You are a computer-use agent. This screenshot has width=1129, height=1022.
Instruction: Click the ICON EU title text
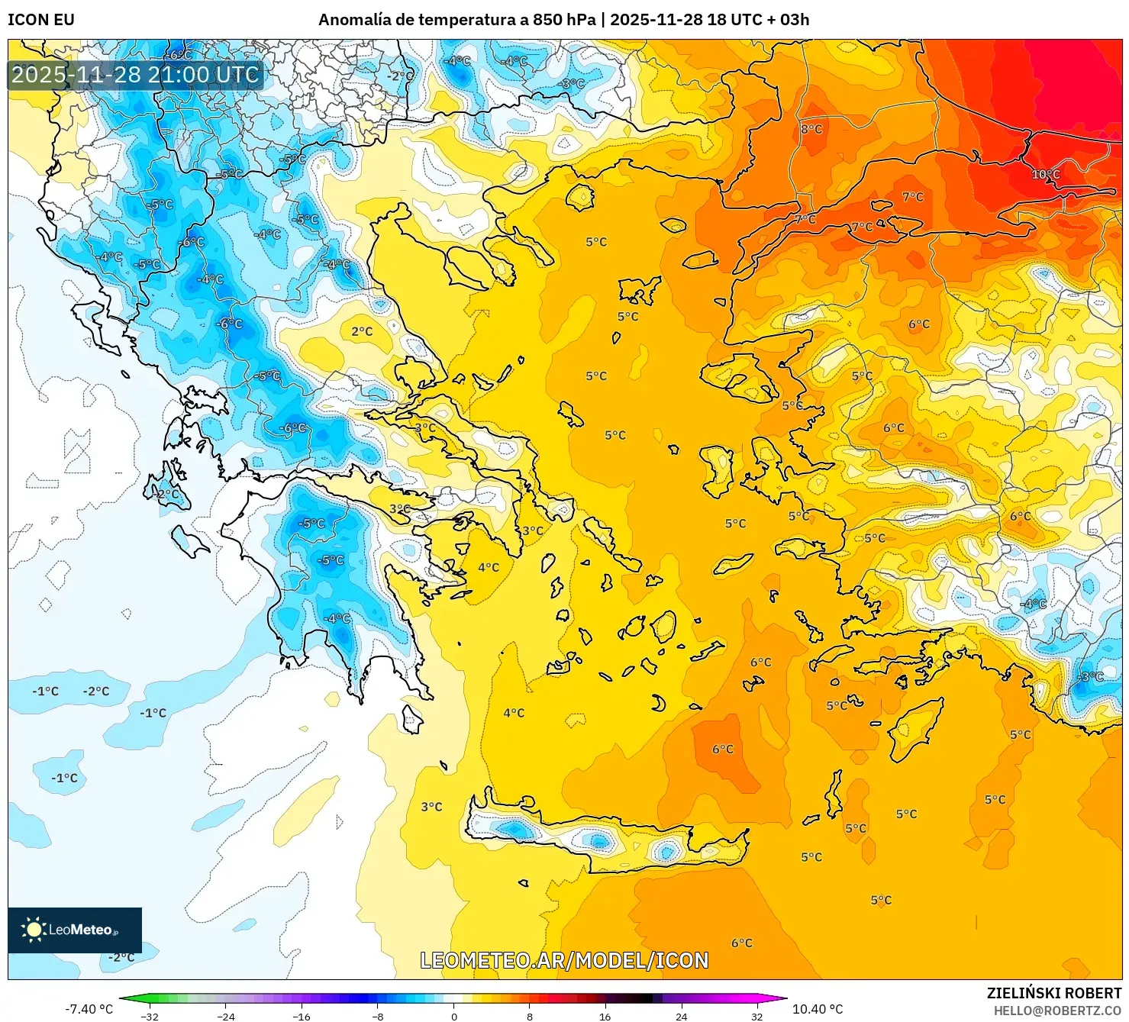(41, 20)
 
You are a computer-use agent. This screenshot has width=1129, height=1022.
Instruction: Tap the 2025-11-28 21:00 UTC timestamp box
(136, 75)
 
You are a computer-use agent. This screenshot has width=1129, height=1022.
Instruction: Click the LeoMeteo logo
(74, 930)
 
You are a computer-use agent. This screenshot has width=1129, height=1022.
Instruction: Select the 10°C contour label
(1046, 175)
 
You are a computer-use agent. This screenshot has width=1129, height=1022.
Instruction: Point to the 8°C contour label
(811, 130)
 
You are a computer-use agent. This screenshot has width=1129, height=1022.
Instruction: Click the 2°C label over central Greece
(362, 331)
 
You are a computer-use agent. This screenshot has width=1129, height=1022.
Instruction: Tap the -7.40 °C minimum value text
(89, 1009)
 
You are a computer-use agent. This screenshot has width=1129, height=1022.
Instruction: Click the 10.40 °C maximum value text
(818, 1009)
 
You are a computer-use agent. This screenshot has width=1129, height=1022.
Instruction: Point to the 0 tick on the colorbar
(454, 1016)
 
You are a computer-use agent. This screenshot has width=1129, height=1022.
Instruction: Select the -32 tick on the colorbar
(150, 1016)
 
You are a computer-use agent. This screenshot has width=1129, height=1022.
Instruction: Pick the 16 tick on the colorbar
(605, 1016)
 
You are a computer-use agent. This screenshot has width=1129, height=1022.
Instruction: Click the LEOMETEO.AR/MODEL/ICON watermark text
(565, 960)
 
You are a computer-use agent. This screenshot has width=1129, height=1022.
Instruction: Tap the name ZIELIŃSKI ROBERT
(1054, 993)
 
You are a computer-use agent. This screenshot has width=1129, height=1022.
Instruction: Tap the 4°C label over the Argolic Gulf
(489, 567)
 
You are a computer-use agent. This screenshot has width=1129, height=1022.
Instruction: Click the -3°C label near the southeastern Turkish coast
(1090, 676)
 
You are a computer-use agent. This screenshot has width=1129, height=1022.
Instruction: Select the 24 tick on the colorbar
(681, 1016)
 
